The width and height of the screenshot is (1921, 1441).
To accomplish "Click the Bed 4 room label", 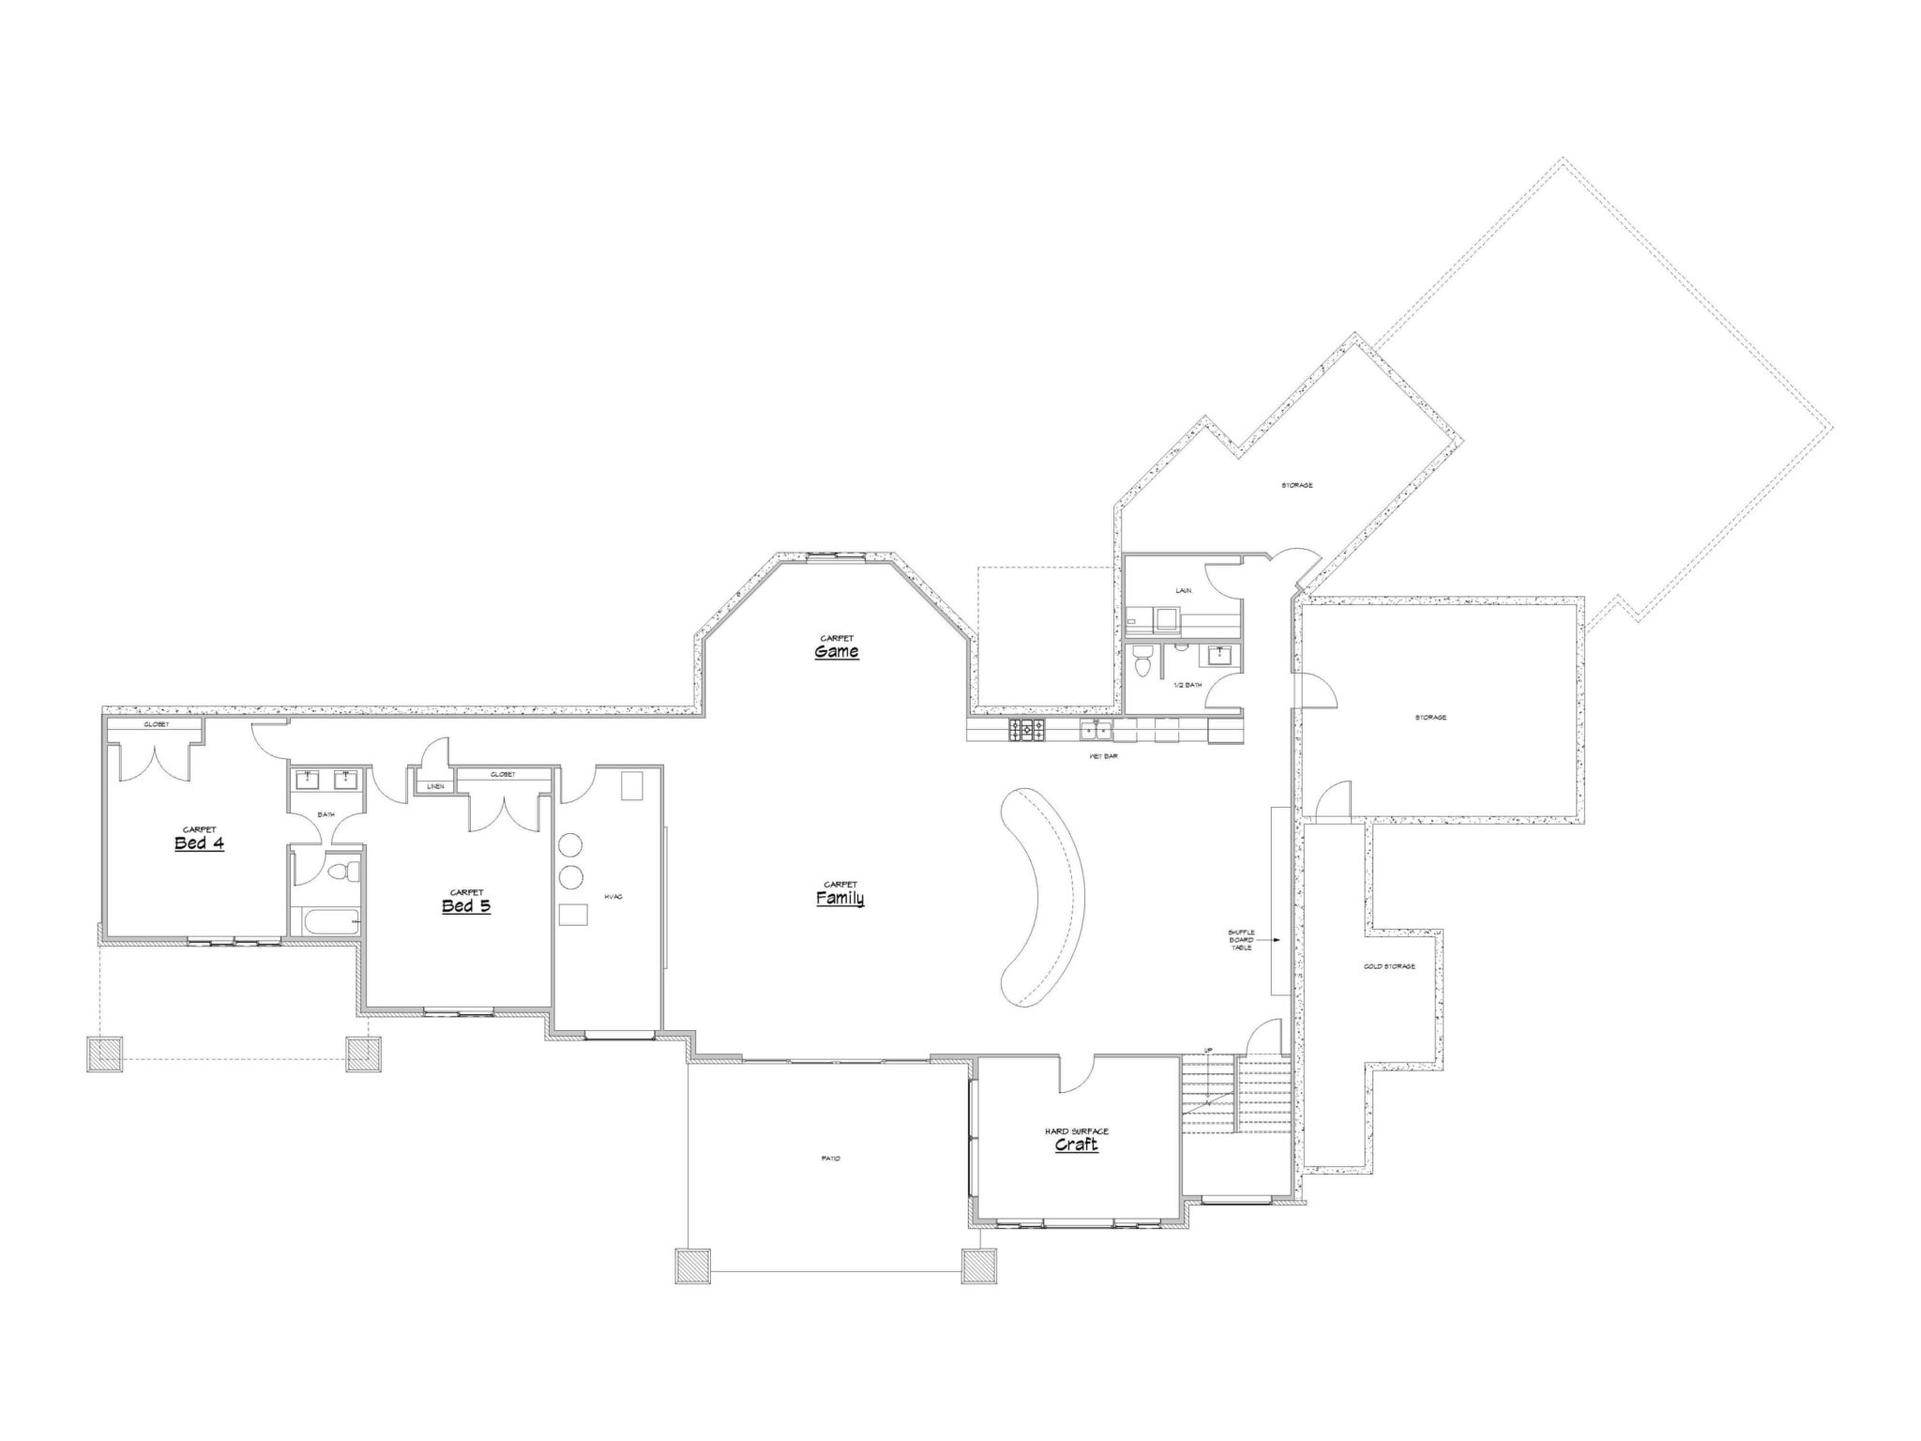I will point(199,843).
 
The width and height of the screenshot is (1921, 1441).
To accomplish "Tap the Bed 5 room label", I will point(466,906).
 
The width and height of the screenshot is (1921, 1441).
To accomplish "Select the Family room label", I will point(839,899).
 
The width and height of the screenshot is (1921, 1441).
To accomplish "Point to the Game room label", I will point(836,651).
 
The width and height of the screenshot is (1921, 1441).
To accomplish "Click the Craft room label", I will point(1076,1145).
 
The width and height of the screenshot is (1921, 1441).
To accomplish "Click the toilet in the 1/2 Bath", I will point(1142,661).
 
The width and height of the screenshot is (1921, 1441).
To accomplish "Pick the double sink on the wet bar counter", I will point(1096,729).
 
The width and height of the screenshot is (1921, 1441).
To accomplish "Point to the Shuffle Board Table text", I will point(1240,939).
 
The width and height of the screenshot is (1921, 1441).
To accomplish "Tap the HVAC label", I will point(613,897).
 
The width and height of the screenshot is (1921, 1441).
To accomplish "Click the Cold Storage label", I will point(1389,965).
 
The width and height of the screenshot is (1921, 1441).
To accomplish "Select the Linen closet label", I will point(435,786).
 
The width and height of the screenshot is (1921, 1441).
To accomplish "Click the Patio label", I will point(830,1159).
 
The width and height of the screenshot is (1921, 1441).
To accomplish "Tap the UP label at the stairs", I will point(1209,1050).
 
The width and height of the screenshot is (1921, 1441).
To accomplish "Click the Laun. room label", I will point(1184,591).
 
